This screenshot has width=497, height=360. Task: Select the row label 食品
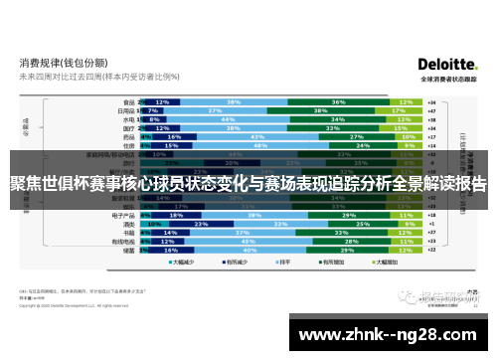(x=127, y=101)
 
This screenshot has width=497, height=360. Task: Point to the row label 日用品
(x=126, y=110)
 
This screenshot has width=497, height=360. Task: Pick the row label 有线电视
(x=124, y=241)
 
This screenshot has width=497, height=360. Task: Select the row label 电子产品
(x=124, y=214)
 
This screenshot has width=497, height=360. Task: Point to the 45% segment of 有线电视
(x=246, y=241)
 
